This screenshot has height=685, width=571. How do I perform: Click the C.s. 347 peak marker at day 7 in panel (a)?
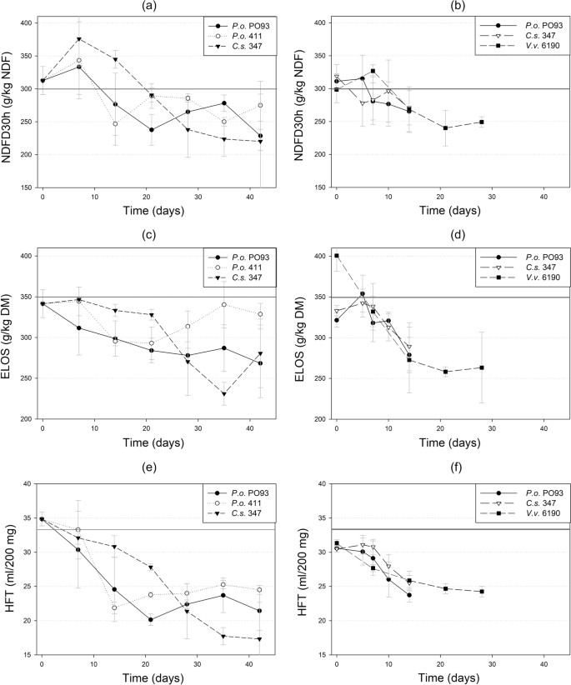coord(79,39)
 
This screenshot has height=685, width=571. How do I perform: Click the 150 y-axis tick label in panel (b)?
coord(320,187)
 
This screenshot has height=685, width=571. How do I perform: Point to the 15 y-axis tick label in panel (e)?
coord(25,655)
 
